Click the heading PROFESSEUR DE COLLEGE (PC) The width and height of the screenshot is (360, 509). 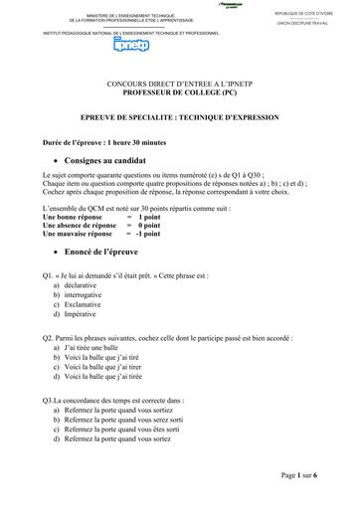tap(178, 94)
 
